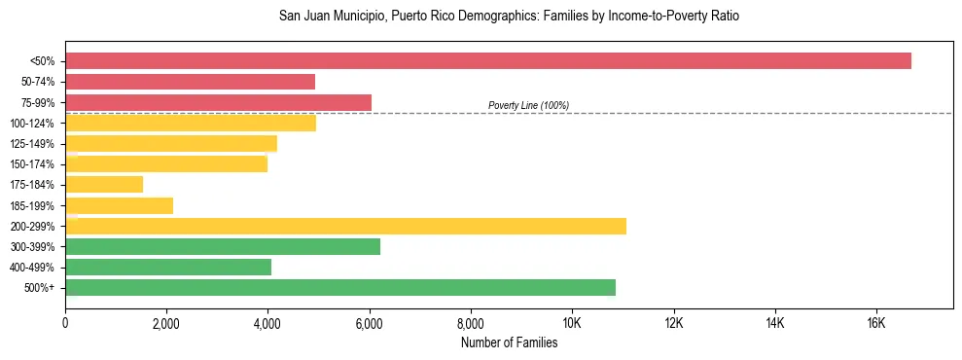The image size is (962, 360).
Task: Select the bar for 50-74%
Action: (x=190, y=82)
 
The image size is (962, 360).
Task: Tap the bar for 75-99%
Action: (x=218, y=102)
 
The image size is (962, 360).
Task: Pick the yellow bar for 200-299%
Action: (x=345, y=226)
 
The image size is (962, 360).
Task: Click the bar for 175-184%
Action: (x=104, y=185)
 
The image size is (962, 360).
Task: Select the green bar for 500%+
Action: (x=340, y=288)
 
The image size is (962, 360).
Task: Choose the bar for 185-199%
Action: (x=119, y=205)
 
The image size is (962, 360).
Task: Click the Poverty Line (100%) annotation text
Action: (x=528, y=105)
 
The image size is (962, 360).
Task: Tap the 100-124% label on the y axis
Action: (x=32, y=124)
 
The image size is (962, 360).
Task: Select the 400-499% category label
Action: (x=32, y=268)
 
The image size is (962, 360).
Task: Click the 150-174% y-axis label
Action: (x=32, y=164)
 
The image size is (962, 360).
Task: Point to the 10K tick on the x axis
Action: (x=572, y=323)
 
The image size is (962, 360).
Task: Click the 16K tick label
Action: (x=875, y=323)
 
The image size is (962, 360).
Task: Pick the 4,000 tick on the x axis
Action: (x=267, y=323)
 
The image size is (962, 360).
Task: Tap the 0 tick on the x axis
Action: (x=65, y=323)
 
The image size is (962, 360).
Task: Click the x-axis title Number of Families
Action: (x=509, y=342)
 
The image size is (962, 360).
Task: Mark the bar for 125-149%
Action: (x=171, y=144)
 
